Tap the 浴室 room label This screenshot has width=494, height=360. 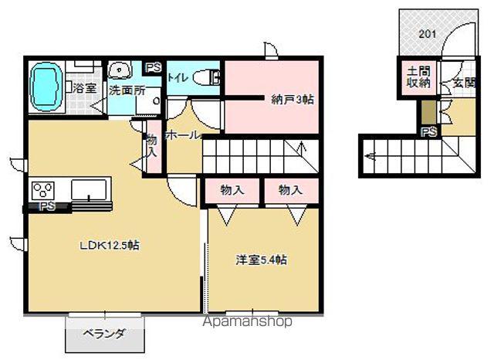click(85, 88)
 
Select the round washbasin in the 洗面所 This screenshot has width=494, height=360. click(119, 70)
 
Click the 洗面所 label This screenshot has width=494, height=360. click(127, 90)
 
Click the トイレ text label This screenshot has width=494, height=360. click(178, 76)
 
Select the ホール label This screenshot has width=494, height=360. click(183, 134)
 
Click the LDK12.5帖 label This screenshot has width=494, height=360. click(110, 245)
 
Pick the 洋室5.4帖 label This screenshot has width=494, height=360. click(261, 260)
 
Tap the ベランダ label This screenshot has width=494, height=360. click(104, 335)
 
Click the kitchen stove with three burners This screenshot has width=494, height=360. click(43, 190)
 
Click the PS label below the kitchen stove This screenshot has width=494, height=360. click(47, 206)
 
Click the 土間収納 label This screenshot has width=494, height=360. click(418, 78)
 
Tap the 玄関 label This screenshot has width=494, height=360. click(463, 83)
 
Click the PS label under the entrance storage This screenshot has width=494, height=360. click(428, 132)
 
